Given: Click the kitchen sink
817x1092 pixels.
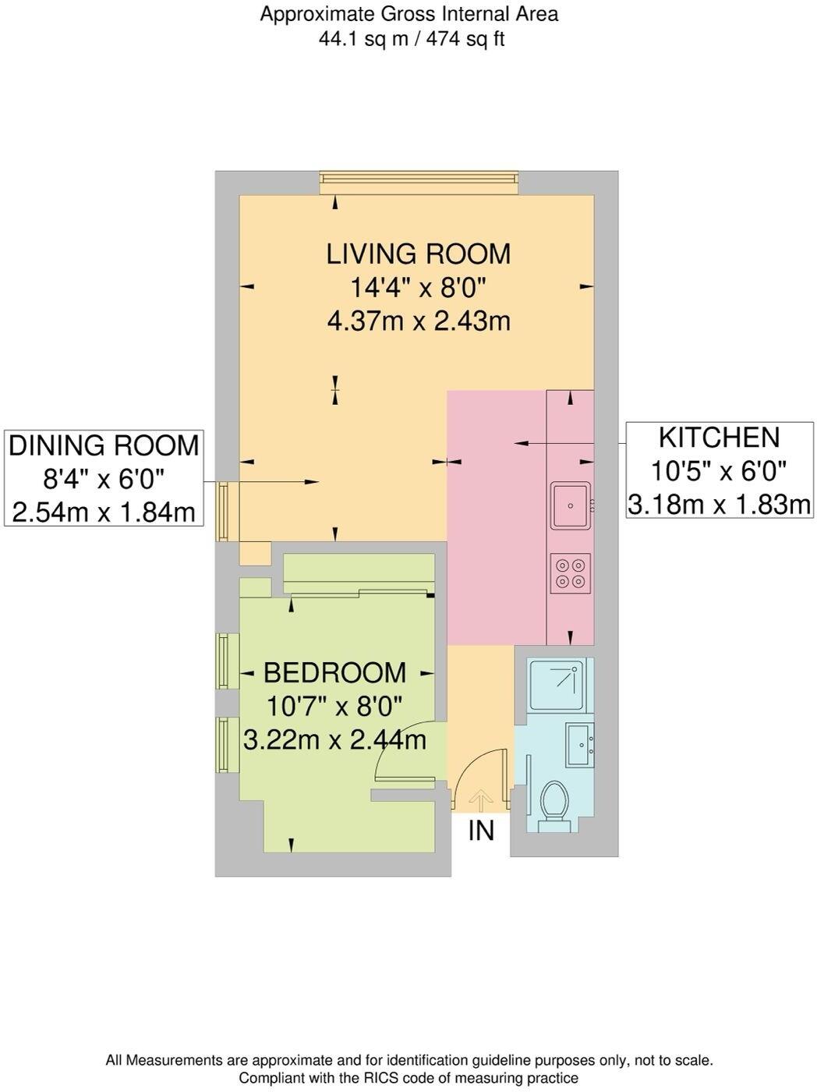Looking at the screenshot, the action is tap(571, 505).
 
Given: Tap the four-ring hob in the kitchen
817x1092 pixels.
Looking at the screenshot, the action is tap(571, 573).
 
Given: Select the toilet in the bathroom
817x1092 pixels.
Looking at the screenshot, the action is tap(555, 806).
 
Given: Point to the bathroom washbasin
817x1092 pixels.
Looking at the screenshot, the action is tap(579, 745).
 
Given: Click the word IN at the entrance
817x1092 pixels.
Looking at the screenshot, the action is tap(481, 831).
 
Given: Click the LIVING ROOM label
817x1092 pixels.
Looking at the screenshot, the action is tap(418, 253).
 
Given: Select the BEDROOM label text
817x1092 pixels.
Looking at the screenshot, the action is tap(334, 672).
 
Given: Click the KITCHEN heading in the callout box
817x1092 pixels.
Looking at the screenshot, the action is tap(719, 438).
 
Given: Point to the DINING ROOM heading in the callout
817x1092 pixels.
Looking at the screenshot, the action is tap(104, 445).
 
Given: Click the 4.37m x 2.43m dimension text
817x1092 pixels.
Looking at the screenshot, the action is tap(419, 321).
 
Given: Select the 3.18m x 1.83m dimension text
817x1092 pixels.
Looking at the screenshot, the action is tap(719, 505).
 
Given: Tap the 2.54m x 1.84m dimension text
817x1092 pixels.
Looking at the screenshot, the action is tap(104, 512).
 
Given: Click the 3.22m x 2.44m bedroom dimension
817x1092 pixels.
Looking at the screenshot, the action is tap(334, 739).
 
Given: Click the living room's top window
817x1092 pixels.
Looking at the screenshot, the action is tap(419, 183).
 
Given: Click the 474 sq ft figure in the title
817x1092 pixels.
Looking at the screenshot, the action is tap(465, 39).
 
